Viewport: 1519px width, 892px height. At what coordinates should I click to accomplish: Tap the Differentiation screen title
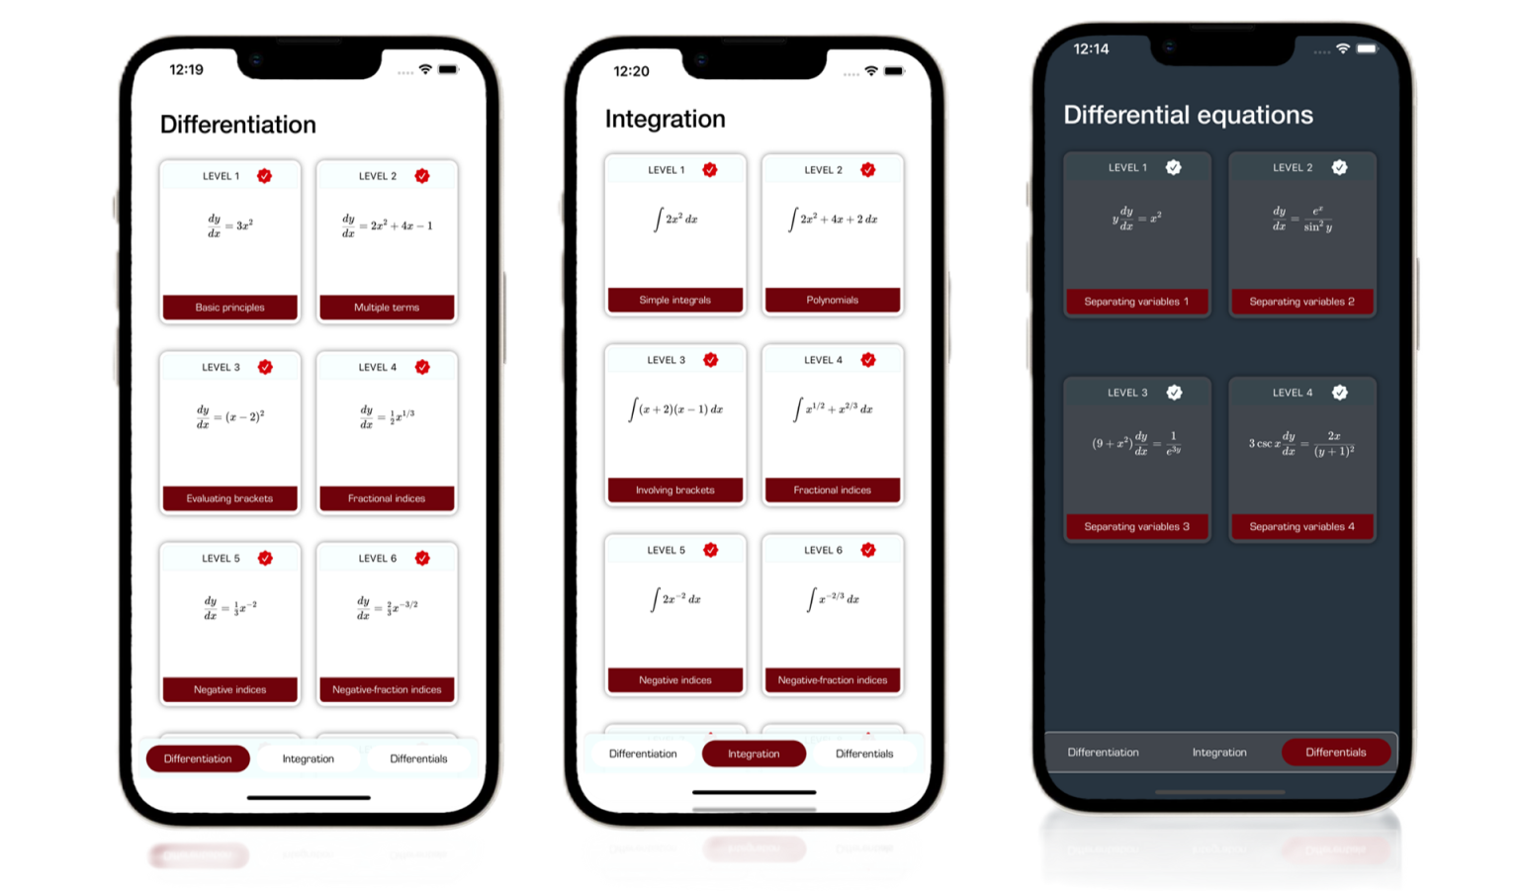coord(237,125)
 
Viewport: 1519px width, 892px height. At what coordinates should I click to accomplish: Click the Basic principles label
coord(229,308)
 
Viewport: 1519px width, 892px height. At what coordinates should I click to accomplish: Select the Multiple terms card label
coord(387,308)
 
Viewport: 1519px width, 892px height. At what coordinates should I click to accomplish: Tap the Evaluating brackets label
coord(229,498)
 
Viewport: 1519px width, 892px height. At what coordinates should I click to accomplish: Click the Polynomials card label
coord(832,300)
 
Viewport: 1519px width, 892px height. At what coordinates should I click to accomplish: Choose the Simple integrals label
coord(674,300)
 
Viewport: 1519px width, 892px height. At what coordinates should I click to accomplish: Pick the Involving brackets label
coord(674,491)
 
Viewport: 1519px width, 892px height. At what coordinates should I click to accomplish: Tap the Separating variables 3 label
coord(1136,527)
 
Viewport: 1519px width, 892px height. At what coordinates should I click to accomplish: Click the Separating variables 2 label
coord(1301,302)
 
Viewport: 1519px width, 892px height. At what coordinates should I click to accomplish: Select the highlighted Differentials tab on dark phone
coord(1335,753)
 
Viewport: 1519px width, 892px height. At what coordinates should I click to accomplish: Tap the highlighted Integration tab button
coord(754,754)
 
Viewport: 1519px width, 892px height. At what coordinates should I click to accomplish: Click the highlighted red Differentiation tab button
coord(198,758)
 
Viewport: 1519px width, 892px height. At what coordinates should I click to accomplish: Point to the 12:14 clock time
coord(1091,48)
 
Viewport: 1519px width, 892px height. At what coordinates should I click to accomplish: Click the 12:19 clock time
coord(186,69)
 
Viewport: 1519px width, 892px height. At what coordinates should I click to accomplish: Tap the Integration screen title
coord(665,119)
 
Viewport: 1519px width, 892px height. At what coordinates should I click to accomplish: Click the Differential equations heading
coord(1188,115)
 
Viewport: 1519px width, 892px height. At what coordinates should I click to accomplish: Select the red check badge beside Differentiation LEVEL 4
coord(422,367)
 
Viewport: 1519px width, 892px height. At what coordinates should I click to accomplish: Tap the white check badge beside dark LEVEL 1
coord(1173,167)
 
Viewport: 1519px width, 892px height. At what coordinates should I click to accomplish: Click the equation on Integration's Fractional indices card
coord(833,408)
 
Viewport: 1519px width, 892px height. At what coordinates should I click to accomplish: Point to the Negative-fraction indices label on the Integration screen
coord(832,680)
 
